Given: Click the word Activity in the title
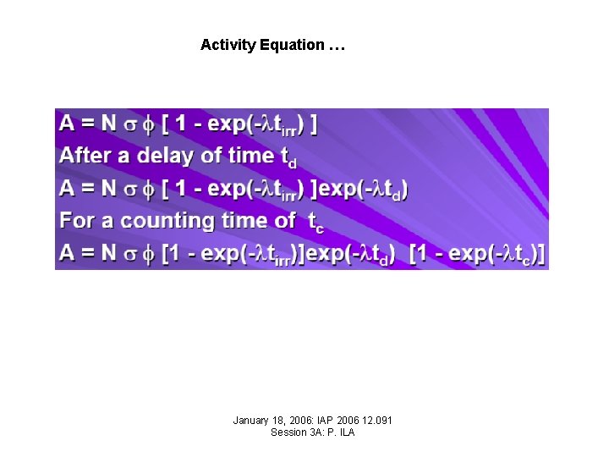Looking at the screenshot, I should [228, 45].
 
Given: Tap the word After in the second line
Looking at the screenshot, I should [85, 156].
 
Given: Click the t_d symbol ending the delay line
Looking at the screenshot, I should [288, 157].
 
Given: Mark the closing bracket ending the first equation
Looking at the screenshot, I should [314, 124].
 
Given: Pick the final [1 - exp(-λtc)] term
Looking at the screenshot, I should [477, 254].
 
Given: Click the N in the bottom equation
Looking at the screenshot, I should [109, 253].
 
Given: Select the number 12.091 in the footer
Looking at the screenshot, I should [376, 421].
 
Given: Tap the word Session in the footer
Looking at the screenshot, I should [287, 432].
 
